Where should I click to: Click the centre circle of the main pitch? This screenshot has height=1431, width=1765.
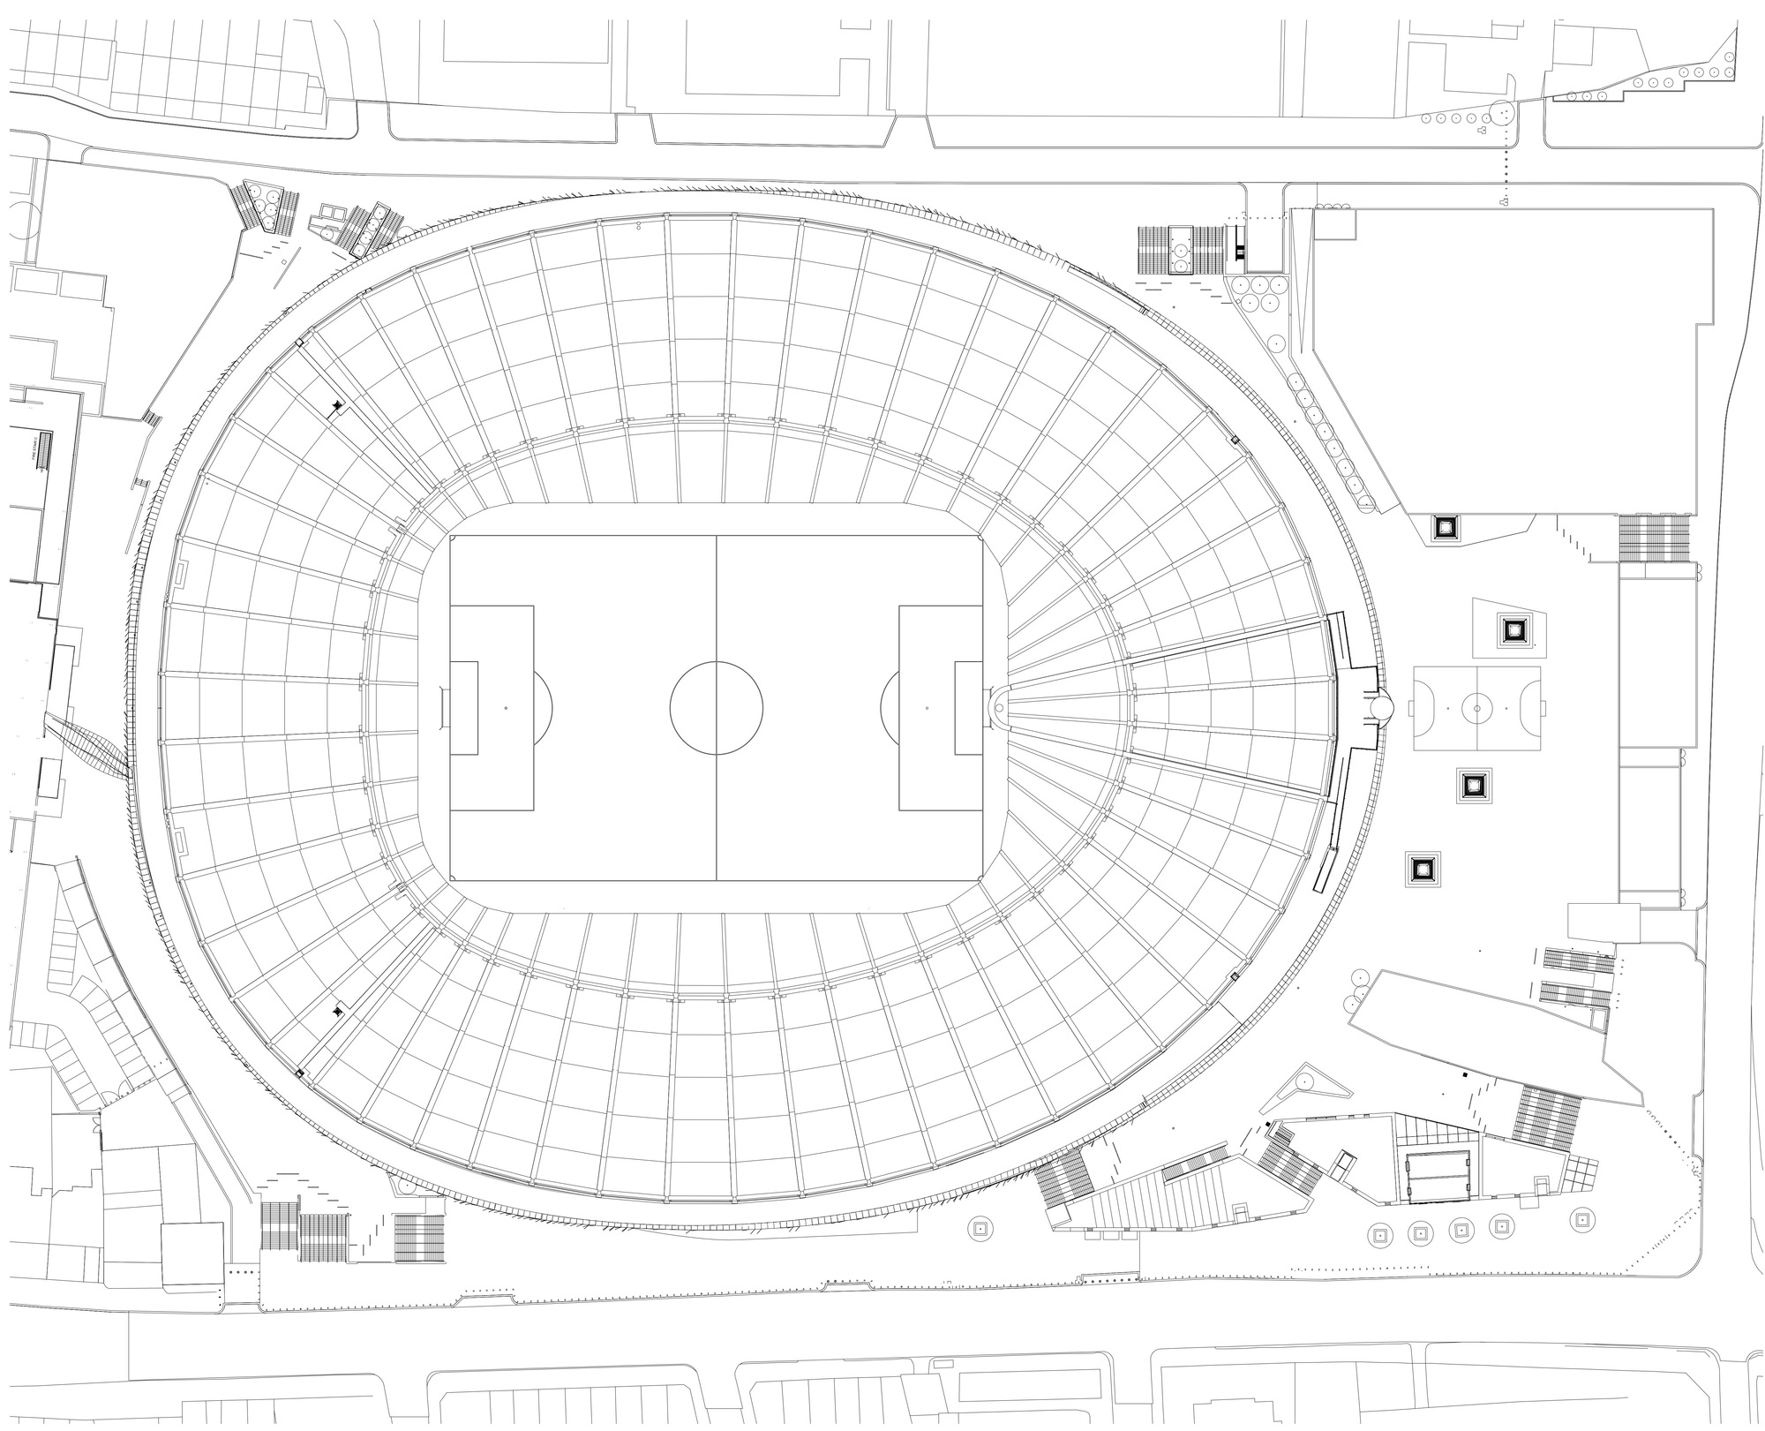716,708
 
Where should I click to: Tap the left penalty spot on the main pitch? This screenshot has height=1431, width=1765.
507,708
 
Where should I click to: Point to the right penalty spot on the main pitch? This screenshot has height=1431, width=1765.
927,708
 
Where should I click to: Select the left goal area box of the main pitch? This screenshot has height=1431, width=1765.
464,708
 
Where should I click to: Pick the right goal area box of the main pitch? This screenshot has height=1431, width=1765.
969,708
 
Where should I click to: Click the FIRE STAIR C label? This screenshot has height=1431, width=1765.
35,452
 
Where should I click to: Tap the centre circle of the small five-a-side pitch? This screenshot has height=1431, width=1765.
1476,707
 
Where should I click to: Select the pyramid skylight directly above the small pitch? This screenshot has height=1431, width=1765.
1514,630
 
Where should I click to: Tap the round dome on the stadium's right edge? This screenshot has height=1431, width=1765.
1380,707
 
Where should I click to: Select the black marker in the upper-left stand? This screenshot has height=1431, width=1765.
336,405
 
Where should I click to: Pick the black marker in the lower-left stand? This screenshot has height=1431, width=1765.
337,1012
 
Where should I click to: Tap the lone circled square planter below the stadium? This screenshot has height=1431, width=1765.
980,1227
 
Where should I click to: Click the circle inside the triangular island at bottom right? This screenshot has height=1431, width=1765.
1303,1081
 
